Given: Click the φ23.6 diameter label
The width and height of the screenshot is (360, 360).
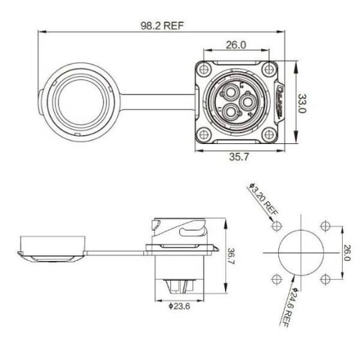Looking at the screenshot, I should point(179,305).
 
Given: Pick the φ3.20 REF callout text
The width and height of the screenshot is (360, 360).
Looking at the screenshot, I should point(260,200).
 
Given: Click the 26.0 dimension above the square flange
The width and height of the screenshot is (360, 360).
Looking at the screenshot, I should point(236,46).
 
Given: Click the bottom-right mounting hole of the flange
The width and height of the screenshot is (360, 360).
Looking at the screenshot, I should point(270,134).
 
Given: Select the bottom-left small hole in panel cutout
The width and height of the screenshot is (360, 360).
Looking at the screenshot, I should point(276,279).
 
